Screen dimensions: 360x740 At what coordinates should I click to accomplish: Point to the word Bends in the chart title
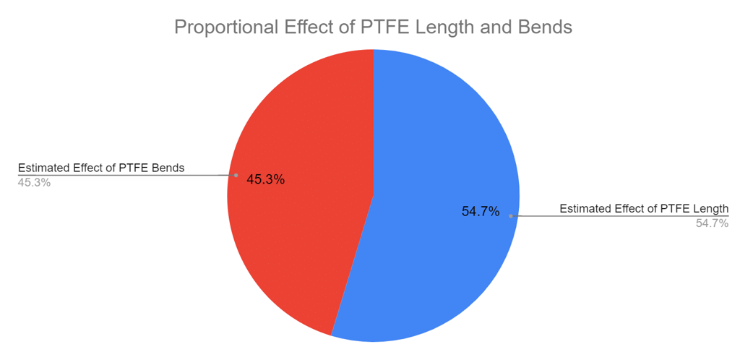click(546, 27)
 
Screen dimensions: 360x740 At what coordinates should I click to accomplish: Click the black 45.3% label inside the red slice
click(265, 179)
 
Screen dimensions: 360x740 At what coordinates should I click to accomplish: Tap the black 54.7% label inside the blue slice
click(481, 211)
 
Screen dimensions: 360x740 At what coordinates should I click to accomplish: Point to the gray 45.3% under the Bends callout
click(34, 183)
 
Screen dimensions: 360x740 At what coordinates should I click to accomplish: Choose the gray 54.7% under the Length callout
click(712, 223)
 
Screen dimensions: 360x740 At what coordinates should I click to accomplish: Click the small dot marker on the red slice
click(236, 175)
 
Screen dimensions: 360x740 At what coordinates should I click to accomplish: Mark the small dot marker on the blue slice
click(511, 215)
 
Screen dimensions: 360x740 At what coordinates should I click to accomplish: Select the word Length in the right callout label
click(710, 209)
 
